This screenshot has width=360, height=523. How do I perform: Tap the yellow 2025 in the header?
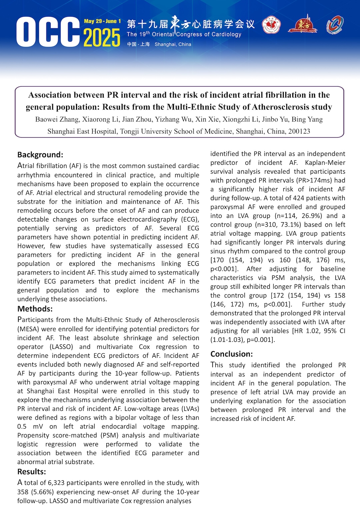(102, 38)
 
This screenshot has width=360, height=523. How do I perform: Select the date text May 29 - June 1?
(102, 21)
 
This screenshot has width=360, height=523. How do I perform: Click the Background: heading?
(40, 155)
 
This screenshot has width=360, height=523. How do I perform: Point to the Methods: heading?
(35, 309)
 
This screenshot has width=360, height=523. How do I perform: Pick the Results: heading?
(31, 472)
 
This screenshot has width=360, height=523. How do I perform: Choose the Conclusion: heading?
(231, 354)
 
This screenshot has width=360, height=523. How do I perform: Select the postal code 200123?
(299, 131)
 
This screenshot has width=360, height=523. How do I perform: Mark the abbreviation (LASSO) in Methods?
(61, 347)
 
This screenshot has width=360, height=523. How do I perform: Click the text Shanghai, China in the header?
(173, 44)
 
